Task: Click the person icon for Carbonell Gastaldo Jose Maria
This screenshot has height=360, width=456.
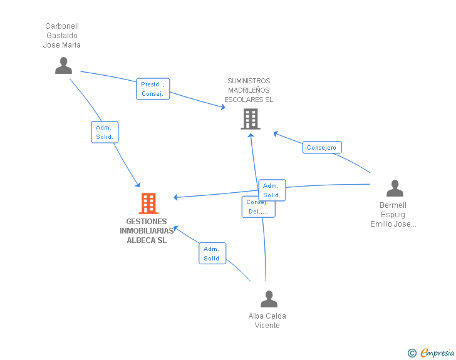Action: point(63,65)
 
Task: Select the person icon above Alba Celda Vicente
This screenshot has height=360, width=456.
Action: point(269,299)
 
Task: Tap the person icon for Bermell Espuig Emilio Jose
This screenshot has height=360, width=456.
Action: point(395,188)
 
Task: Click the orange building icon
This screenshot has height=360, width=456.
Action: point(148,203)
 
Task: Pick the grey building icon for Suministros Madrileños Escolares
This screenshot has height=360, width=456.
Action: point(250,118)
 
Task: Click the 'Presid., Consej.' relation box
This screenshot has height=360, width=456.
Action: point(153,89)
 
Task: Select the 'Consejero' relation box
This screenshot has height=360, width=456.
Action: point(321,148)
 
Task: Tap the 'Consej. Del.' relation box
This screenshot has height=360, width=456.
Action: point(258,207)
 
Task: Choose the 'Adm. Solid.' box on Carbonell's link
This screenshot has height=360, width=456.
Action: point(105,132)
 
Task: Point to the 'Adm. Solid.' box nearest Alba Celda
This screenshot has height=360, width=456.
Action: point(212,254)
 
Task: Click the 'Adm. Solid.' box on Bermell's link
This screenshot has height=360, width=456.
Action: point(272,190)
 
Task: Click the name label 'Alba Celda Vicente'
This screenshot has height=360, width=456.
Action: point(267,321)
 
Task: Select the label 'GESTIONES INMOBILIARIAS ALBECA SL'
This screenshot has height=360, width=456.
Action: point(147,231)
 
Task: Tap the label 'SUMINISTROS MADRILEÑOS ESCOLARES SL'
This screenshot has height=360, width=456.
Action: point(249,90)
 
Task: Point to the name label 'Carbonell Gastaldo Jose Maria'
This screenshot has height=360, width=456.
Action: point(62,36)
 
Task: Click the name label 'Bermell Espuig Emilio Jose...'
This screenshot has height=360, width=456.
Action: point(393,215)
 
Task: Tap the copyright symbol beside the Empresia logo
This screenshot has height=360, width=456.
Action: point(412,353)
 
